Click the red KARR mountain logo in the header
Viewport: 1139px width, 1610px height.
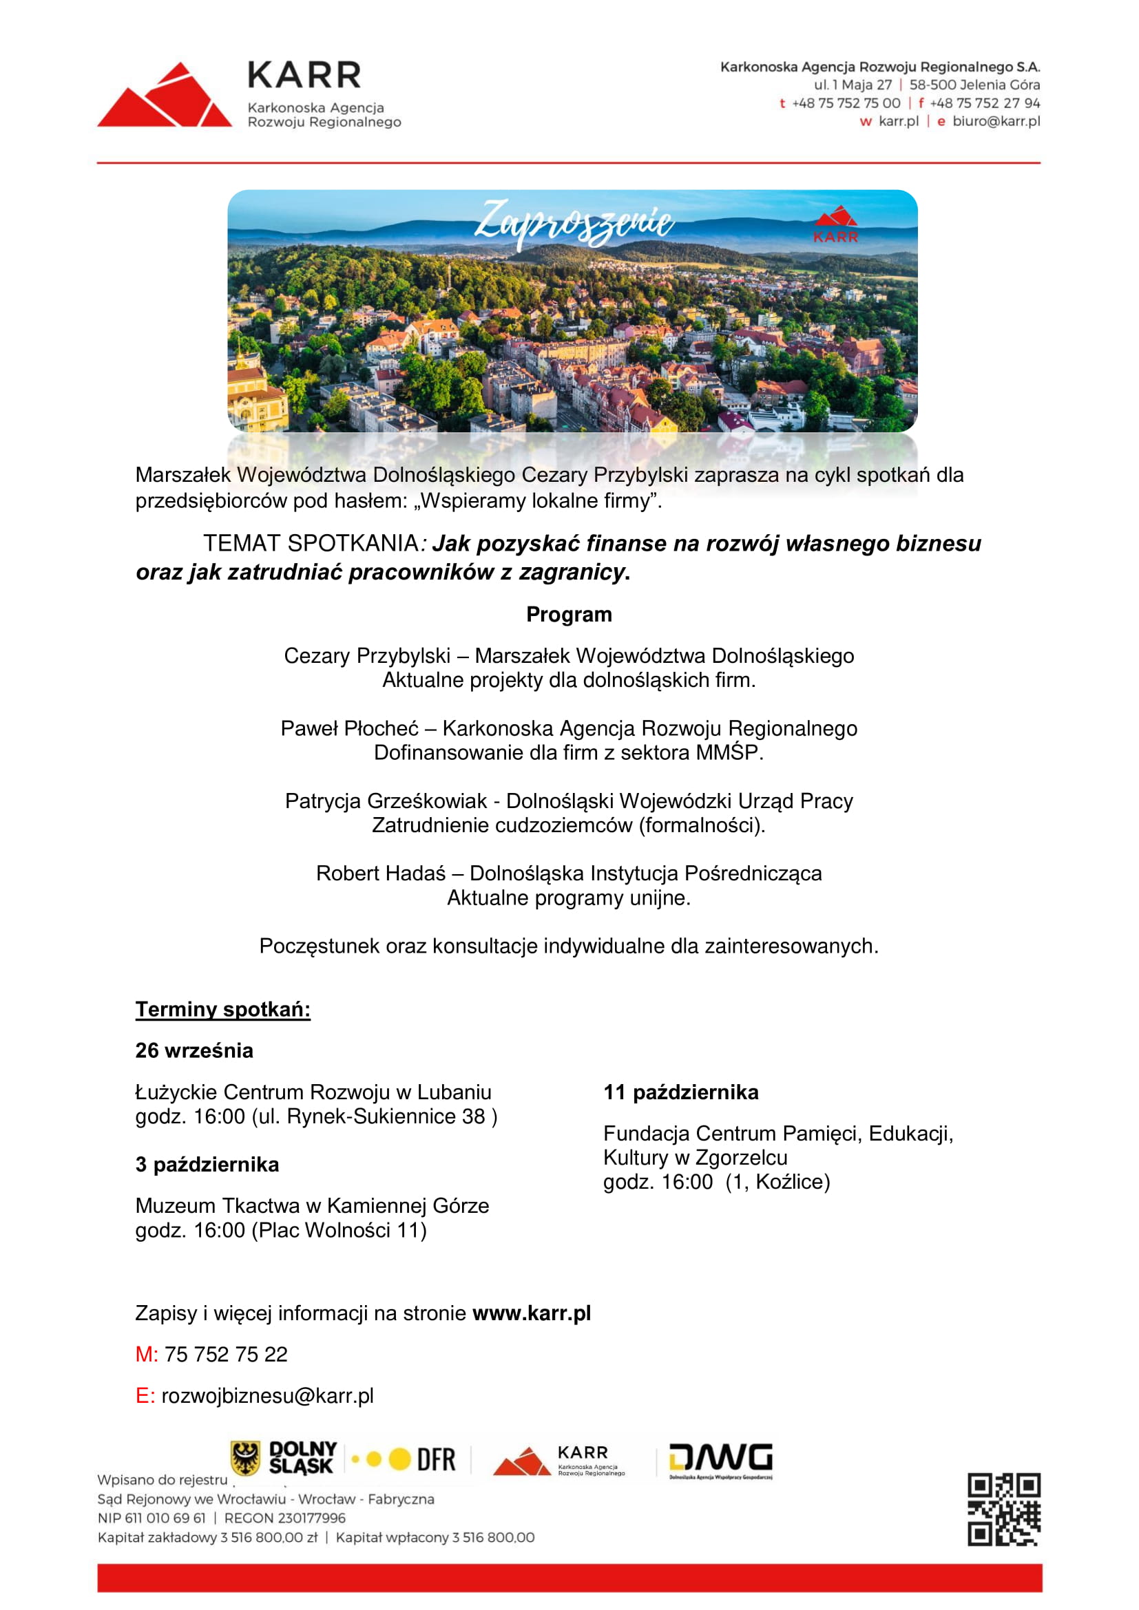click(x=164, y=96)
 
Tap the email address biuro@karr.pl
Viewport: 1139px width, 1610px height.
click(x=995, y=121)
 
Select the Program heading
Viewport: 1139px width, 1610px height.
click(x=569, y=614)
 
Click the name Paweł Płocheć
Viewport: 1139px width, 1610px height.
click(x=349, y=728)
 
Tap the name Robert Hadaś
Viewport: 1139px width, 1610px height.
click(x=380, y=873)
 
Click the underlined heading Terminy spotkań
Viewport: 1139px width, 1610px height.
click(x=222, y=1009)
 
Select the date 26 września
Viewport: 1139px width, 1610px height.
click(x=194, y=1050)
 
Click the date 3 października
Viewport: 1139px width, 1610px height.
click(x=207, y=1165)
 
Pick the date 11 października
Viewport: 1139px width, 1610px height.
click(x=680, y=1092)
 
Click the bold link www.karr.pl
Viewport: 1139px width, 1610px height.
click(x=531, y=1313)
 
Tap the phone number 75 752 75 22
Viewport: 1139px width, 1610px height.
click(x=226, y=1355)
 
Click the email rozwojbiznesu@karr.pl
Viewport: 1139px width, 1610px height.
click(x=267, y=1396)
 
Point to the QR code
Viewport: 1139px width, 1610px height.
click(x=1003, y=1509)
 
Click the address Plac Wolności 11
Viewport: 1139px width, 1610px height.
click(x=339, y=1230)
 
